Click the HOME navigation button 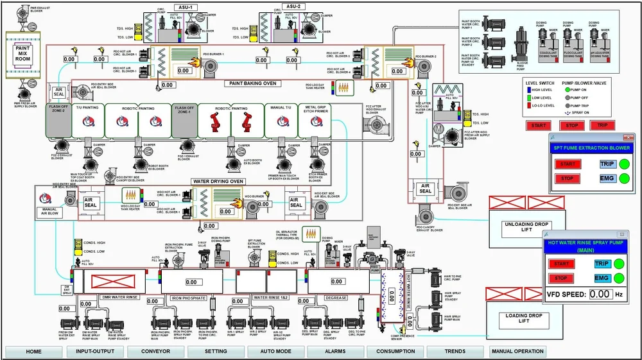(x=33, y=352)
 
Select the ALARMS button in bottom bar (x=335, y=352)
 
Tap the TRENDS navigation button (x=455, y=352)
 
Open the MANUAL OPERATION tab (x=517, y=352)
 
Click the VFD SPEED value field (x=600, y=294)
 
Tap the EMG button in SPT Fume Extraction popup (x=607, y=178)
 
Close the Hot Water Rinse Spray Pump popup (x=621, y=234)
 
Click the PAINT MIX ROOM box (x=23, y=54)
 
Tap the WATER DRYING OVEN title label (x=218, y=182)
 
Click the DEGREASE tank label (x=335, y=298)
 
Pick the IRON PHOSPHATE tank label (x=188, y=298)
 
